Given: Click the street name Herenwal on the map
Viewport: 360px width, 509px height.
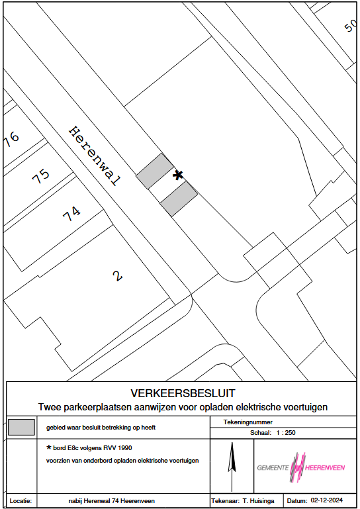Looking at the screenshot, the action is [95, 156].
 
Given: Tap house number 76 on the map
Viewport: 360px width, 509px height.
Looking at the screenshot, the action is [11, 139].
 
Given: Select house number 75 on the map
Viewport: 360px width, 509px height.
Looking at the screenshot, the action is [41, 176].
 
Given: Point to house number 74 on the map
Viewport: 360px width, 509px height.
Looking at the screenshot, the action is [71, 214].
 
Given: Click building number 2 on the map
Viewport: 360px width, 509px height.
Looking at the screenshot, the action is [118, 276].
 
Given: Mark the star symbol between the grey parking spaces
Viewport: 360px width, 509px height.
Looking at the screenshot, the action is [178, 175].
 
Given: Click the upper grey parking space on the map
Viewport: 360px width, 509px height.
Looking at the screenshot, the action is [155, 171].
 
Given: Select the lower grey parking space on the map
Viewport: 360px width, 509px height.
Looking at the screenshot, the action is [179, 199].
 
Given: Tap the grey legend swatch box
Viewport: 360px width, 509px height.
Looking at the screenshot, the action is [21, 427].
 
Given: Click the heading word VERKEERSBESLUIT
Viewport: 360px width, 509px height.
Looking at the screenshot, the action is [183, 393].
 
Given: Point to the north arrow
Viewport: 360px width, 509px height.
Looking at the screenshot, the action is [232, 467].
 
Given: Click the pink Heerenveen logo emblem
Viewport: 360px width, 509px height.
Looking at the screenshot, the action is [298, 467].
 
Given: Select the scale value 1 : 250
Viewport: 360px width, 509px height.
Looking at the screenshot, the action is [286, 433].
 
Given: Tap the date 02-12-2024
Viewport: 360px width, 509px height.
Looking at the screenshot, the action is [326, 500].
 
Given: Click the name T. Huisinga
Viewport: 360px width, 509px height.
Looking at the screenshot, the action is [258, 501].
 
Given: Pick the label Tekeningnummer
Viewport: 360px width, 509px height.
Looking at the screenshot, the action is [247, 422].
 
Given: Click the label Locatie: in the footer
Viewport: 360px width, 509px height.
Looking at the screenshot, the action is [21, 501].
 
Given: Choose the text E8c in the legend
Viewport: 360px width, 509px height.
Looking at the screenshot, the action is [75, 448].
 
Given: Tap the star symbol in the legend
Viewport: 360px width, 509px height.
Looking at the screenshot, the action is [49, 447].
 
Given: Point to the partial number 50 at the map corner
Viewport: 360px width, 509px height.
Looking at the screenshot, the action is [350, 25].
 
